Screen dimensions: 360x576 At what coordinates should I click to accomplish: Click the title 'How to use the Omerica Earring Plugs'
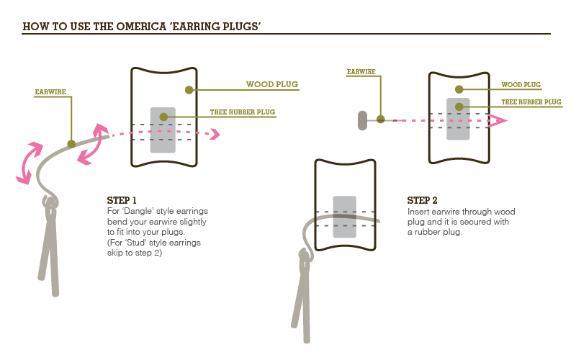coord(141,27)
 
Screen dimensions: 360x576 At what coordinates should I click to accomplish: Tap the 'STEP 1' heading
coord(122,199)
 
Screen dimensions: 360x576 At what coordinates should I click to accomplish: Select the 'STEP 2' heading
coord(423,200)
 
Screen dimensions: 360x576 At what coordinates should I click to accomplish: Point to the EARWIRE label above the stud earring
coord(360,72)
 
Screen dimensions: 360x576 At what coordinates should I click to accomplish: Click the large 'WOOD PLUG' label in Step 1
coord(272,84)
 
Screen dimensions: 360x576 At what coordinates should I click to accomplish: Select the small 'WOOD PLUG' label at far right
coord(521,85)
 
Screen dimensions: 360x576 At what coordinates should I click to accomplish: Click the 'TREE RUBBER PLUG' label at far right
coord(531,102)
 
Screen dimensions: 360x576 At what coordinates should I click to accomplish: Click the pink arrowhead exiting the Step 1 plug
coord(213,132)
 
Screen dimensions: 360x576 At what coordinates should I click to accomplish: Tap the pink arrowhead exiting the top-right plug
coord(497,120)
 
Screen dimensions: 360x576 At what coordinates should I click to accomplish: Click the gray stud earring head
coord(362,120)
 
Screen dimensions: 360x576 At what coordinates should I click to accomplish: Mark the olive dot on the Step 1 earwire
coord(71,144)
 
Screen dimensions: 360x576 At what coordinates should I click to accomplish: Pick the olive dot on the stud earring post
coord(380,120)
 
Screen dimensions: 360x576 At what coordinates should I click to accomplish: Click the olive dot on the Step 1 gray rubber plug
coord(163,117)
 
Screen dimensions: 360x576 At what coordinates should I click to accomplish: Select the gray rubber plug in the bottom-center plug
coord(344,217)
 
